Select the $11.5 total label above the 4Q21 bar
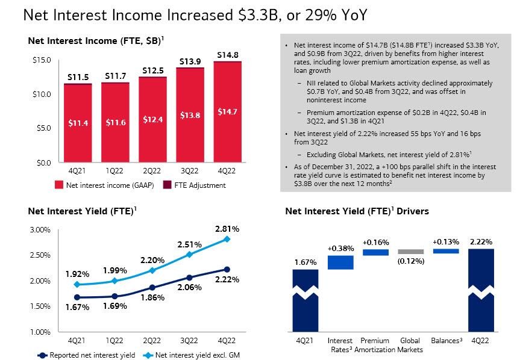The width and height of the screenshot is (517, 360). coord(78,77)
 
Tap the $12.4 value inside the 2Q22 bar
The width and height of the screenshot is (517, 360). coord(152,120)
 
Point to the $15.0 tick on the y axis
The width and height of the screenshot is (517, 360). coord(42,60)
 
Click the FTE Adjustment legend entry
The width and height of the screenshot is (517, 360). coord(197,185)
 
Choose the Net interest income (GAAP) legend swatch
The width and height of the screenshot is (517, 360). coord(58,185)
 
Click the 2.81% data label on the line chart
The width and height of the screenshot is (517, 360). coord(227,229)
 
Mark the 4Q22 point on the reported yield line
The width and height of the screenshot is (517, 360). coord(227,269)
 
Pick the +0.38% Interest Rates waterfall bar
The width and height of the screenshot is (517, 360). coord(340,262)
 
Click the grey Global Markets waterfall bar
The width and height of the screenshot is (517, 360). coord(410,252)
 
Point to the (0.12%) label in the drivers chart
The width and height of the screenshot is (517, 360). coord(410,261)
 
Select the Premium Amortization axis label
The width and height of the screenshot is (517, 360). coord(375,345)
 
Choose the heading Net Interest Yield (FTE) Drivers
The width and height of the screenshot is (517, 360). coord(357,211)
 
